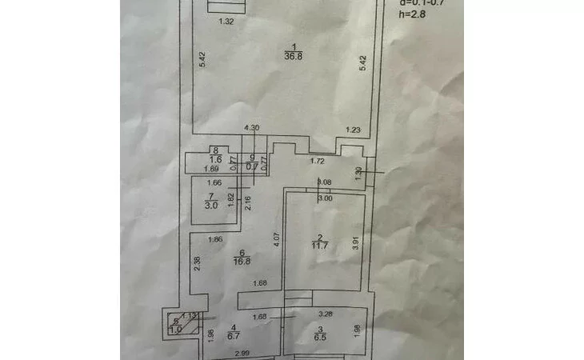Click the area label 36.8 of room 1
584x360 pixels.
click(294, 55)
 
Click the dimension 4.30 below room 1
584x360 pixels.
click(251, 128)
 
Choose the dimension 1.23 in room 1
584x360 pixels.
click(353, 129)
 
